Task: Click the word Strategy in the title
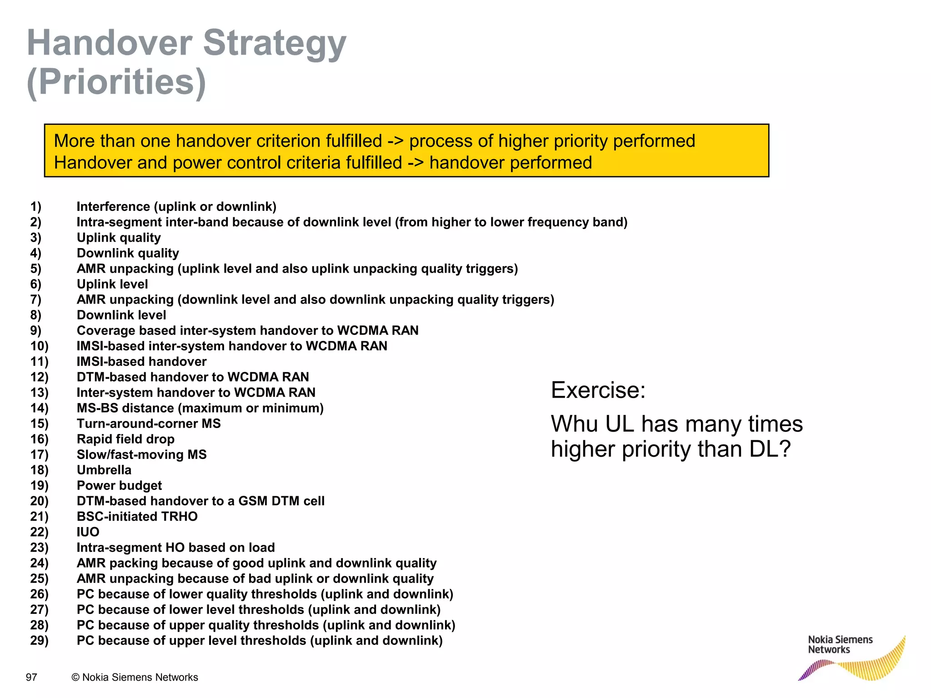click(x=274, y=44)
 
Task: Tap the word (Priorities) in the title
click(x=116, y=82)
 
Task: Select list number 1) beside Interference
click(x=36, y=207)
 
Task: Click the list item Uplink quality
click(x=119, y=238)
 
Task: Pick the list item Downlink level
click(x=121, y=315)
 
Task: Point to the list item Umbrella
click(x=104, y=470)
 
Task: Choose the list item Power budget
click(x=119, y=485)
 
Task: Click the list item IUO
click(x=88, y=532)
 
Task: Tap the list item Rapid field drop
click(x=125, y=439)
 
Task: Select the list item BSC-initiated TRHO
click(x=137, y=516)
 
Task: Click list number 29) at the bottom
click(x=39, y=640)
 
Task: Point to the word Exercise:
click(x=598, y=390)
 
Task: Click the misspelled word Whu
click(x=574, y=424)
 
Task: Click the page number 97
click(x=31, y=678)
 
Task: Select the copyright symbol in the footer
click(x=76, y=678)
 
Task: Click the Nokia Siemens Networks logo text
click(x=840, y=644)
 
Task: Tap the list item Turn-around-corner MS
click(x=149, y=424)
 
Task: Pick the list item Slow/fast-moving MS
click(x=141, y=454)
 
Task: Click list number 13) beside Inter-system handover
click(x=39, y=393)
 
